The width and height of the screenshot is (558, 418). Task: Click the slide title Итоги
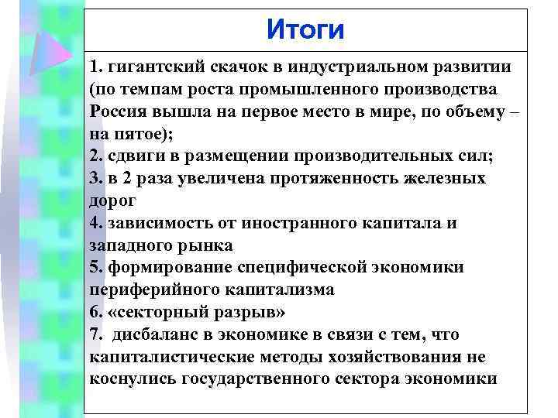tap(305, 30)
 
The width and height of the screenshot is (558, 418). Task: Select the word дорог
tap(113, 200)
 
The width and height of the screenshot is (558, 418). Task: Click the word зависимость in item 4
tap(160, 223)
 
